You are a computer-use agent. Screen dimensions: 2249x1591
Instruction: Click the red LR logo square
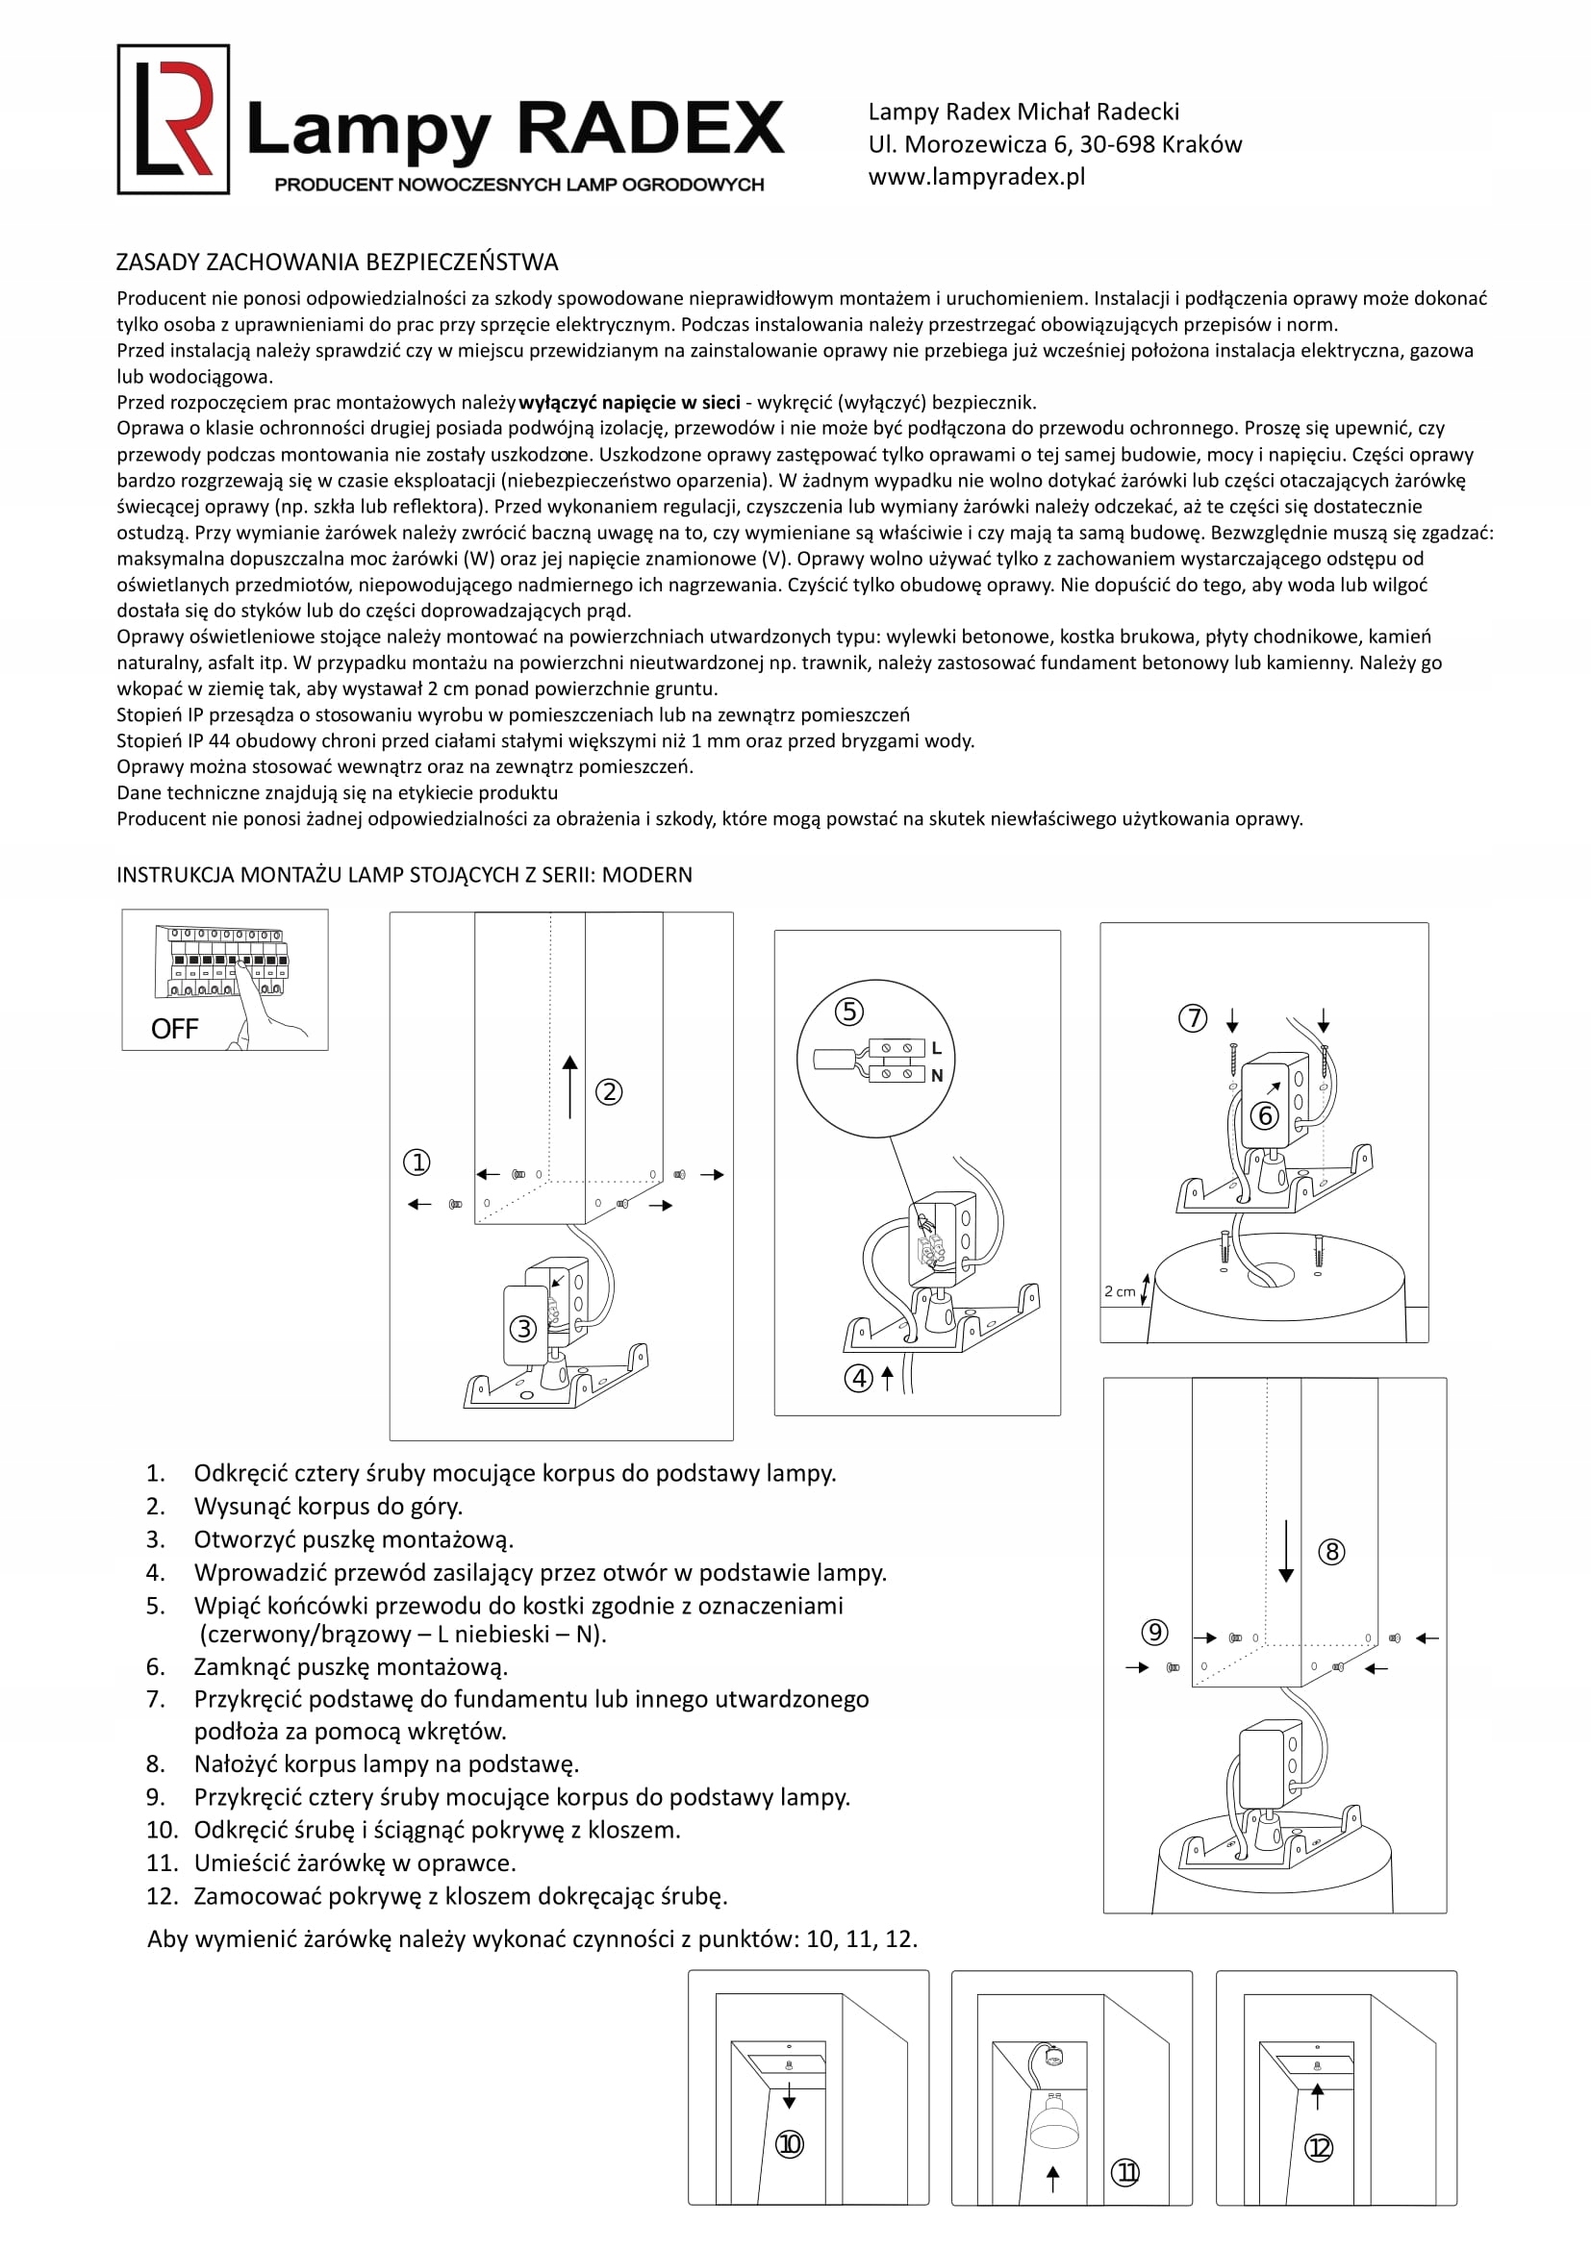click(x=173, y=119)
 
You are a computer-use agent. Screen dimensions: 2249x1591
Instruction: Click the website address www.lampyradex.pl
click(x=975, y=177)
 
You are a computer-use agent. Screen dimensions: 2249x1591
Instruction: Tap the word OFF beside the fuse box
click(x=174, y=1029)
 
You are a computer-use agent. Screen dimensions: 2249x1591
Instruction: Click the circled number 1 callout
click(x=417, y=1162)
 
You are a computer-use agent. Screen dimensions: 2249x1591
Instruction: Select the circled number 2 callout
click(x=608, y=1092)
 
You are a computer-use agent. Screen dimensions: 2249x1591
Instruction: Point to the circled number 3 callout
click(x=523, y=1329)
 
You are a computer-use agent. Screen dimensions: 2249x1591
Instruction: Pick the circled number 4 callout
click(x=858, y=1379)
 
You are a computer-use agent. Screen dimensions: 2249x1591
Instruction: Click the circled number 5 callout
click(x=848, y=1011)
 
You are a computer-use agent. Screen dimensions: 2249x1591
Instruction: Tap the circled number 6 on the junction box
click(x=1265, y=1115)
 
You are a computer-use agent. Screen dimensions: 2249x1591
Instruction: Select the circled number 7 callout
click(x=1192, y=1018)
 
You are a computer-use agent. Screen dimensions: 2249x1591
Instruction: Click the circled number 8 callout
click(x=1331, y=1552)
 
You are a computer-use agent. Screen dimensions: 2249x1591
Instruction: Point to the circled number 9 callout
click(x=1155, y=1632)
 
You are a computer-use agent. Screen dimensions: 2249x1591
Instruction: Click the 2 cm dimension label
click(x=1119, y=1291)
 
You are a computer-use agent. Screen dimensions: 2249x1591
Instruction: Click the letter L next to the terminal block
click(x=937, y=1048)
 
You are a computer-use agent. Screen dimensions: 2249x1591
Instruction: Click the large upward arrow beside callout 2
click(x=570, y=1087)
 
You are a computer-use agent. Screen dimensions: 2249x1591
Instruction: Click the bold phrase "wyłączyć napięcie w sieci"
click(x=629, y=403)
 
